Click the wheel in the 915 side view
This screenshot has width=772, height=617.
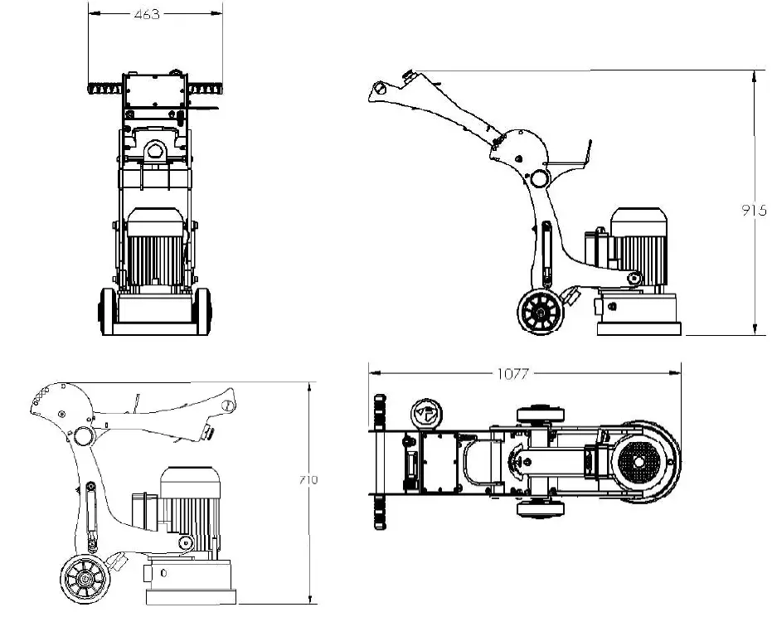(x=541, y=313)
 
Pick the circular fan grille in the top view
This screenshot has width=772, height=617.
(x=641, y=459)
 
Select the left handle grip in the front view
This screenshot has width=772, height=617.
(x=104, y=86)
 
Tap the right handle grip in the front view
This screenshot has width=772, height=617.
(x=206, y=86)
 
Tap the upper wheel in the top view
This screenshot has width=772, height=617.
(x=541, y=414)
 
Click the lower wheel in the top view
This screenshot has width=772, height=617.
(x=541, y=508)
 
